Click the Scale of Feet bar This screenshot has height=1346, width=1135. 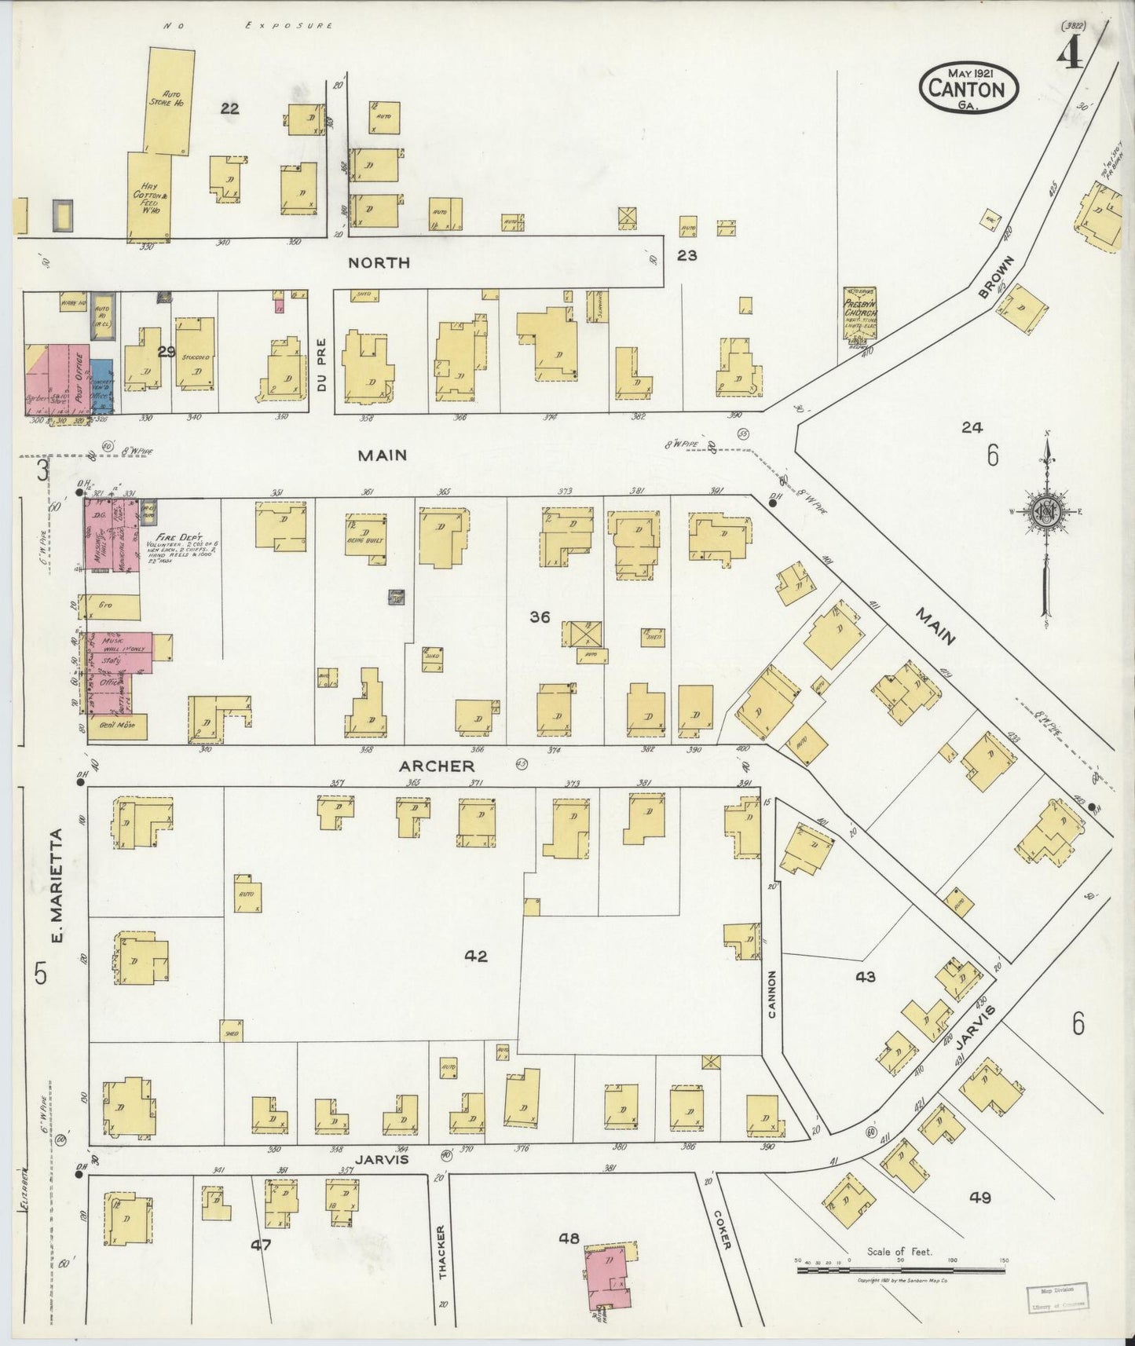pyautogui.click(x=901, y=1268)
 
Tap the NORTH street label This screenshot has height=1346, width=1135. pyautogui.click(x=379, y=262)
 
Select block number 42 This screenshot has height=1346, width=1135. pyautogui.click(x=476, y=956)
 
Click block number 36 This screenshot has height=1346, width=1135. pyautogui.click(x=540, y=617)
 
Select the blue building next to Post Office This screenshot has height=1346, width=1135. pyautogui.click(x=101, y=384)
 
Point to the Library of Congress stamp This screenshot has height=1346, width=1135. pyautogui.click(x=1057, y=1297)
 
